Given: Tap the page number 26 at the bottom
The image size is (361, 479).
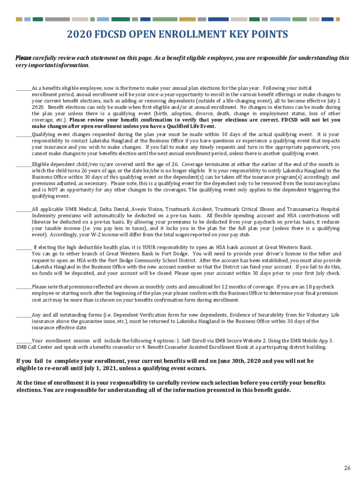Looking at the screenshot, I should pyautogui.click(x=347, y=468).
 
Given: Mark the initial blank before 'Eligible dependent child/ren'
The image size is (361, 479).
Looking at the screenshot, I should pyautogui.click(x=23, y=164).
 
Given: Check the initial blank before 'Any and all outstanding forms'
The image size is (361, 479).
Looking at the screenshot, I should pyautogui.click(x=23, y=315).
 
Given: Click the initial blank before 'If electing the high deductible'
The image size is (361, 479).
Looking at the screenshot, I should pyautogui.click(x=23, y=247).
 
